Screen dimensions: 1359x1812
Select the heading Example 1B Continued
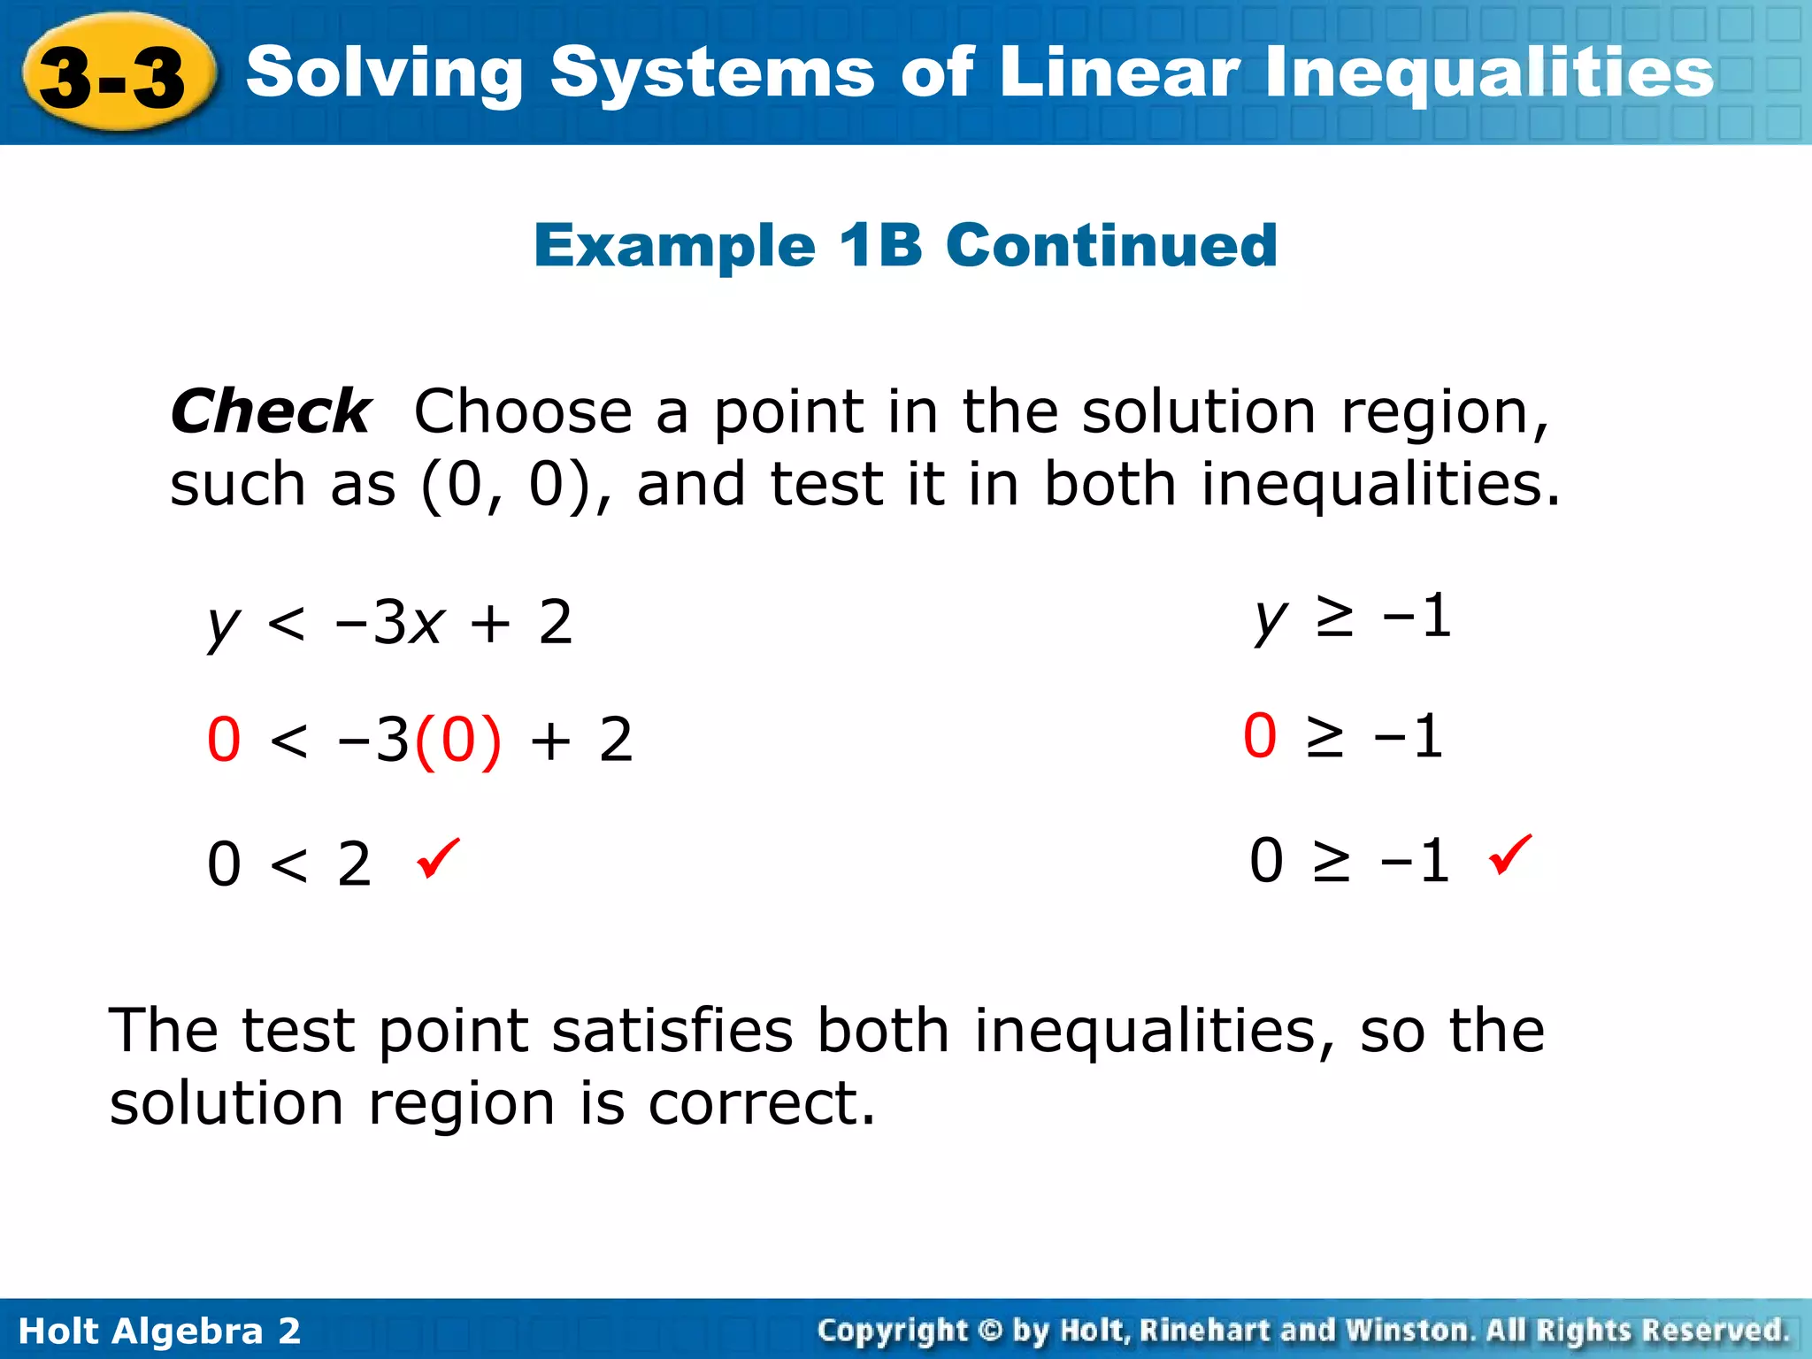click(x=905, y=245)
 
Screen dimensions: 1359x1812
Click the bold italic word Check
click(x=271, y=411)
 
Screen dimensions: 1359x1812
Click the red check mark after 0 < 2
click(x=439, y=858)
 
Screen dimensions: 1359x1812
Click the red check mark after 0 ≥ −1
click(x=1510, y=854)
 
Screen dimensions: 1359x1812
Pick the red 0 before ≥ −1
click(x=1260, y=735)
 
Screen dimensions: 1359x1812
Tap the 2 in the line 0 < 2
click(x=354, y=864)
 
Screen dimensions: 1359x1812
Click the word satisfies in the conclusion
click(x=672, y=1031)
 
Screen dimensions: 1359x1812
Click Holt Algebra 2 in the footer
click(x=159, y=1331)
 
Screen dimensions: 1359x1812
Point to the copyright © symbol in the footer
click(x=991, y=1330)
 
